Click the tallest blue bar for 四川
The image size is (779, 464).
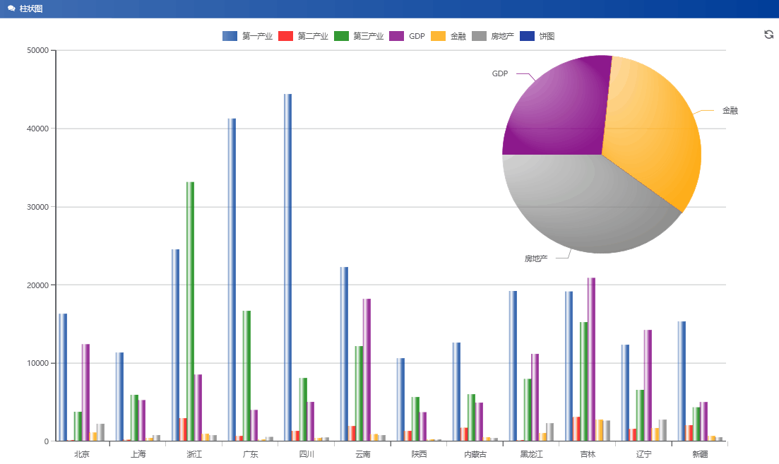[287, 268]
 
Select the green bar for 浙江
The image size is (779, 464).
[190, 311]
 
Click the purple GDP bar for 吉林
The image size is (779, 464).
[591, 360]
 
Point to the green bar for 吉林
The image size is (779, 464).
[583, 381]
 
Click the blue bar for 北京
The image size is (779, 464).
[63, 378]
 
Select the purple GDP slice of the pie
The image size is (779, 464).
[554, 106]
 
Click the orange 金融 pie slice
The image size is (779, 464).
[653, 134]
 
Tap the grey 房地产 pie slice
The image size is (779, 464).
[586, 205]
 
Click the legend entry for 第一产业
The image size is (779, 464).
[248, 36]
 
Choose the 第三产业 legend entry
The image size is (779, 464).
[359, 36]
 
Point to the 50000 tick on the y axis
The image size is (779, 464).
[37, 50]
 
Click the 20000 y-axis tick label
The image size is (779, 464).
[37, 285]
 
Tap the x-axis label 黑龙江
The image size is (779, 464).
[531, 454]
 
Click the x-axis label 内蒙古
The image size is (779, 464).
[475, 454]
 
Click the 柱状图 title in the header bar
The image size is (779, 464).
[30, 8]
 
